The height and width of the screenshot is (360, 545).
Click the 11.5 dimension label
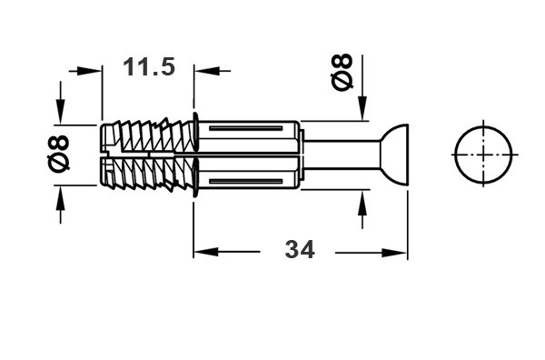point(149,66)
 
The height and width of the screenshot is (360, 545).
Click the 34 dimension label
point(300,249)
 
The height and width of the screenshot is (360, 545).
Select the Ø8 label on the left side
point(58,154)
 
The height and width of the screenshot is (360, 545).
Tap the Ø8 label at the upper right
point(342,72)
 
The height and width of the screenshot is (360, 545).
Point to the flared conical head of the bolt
point(394,155)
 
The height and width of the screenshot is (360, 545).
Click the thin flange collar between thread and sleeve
point(195,155)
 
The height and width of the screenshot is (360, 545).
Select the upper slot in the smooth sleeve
point(246,129)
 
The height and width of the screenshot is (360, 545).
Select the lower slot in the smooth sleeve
point(246,182)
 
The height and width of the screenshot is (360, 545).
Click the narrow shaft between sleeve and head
point(342,155)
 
